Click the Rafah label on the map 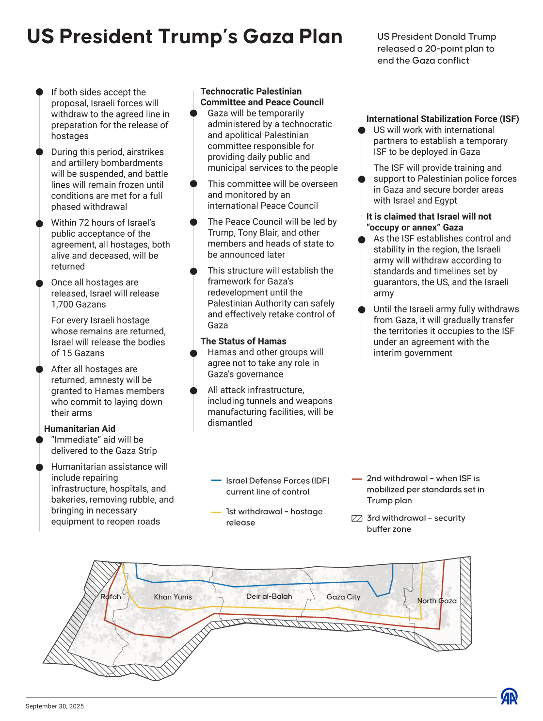(111, 597)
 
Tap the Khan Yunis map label (173, 597)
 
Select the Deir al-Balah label (269, 596)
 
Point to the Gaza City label (343, 597)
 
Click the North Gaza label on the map (437, 601)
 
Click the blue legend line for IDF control (216, 481)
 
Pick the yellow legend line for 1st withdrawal (216, 512)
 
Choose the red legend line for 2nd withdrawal (357, 479)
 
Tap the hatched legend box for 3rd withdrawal (357, 518)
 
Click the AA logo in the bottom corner (509, 696)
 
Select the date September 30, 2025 (55, 706)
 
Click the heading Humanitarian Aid (80, 429)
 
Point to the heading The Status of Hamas (243, 342)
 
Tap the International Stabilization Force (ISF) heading (443, 119)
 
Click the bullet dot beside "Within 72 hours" (40, 223)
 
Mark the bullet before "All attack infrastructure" (193, 391)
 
